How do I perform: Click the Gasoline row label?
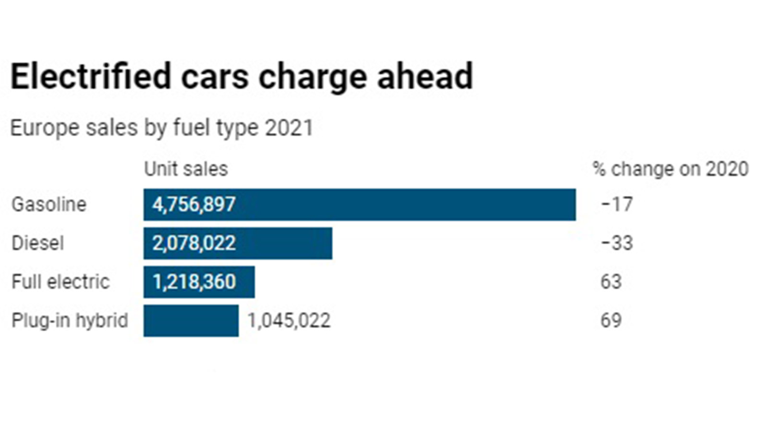point(49,204)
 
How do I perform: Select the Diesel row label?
point(37,243)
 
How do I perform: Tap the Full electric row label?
point(60,282)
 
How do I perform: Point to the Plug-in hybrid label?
point(70,320)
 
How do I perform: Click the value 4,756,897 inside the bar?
point(194,204)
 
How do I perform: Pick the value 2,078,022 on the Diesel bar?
point(194,243)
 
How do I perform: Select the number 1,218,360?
point(194,282)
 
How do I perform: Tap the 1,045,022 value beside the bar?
point(289,320)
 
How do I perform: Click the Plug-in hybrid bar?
point(191,321)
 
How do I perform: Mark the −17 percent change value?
point(617,204)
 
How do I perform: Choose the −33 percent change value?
point(617,243)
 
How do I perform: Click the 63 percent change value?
point(611,282)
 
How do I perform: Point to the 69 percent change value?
point(611,320)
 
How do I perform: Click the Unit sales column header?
point(186,169)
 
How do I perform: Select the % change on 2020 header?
point(670,169)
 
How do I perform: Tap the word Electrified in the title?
point(91,76)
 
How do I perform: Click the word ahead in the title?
point(425,76)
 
